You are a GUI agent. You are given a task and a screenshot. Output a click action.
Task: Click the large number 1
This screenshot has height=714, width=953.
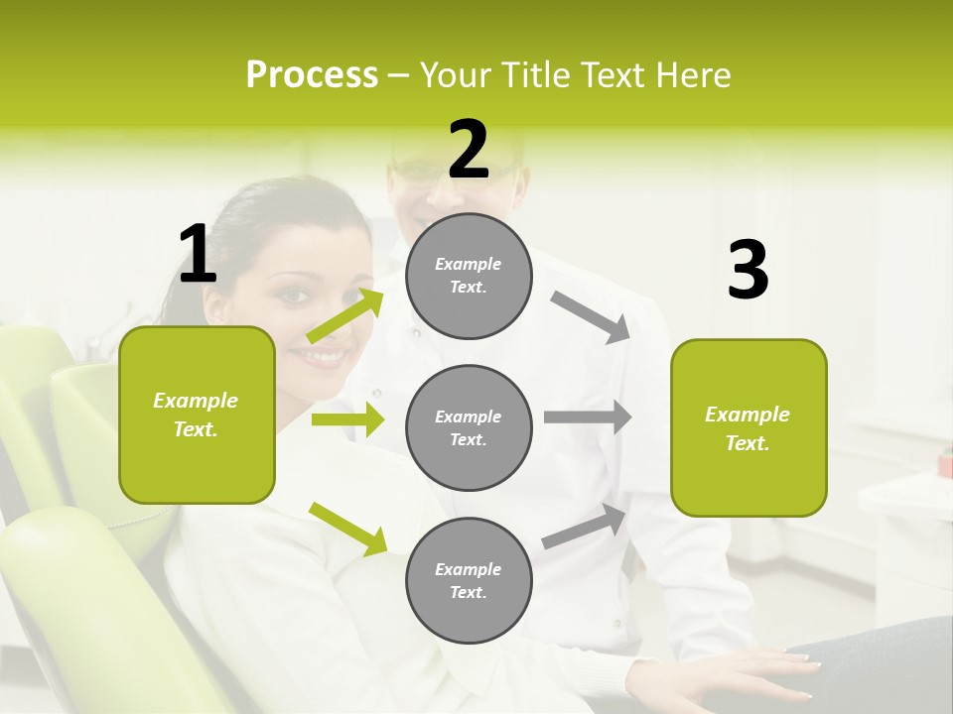pyautogui.click(x=198, y=255)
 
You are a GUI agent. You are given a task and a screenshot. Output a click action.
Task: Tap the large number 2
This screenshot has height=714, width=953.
pyautogui.click(x=469, y=150)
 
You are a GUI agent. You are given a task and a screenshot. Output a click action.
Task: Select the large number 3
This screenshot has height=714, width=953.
pyautogui.click(x=748, y=271)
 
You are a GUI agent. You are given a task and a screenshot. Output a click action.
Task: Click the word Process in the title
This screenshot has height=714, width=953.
pyautogui.click(x=312, y=74)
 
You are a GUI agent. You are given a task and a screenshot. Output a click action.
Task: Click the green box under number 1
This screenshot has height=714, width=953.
pyautogui.click(x=197, y=415)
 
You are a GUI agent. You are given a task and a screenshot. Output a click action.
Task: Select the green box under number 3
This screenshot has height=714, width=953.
pyautogui.click(x=749, y=427)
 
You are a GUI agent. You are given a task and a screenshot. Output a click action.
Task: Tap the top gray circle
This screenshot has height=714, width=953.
pyautogui.click(x=469, y=276)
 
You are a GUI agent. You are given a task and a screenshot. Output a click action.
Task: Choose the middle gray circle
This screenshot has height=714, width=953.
pyautogui.click(x=469, y=427)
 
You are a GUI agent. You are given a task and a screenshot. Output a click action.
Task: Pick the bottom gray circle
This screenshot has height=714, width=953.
pyautogui.click(x=469, y=580)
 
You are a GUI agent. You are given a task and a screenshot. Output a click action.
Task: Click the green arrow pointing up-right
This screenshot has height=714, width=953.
pyautogui.click(x=345, y=316)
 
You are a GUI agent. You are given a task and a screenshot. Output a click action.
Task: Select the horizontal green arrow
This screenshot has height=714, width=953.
pyautogui.click(x=347, y=419)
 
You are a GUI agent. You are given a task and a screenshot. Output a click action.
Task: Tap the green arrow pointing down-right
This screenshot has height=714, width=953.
pyautogui.click(x=347, y=528)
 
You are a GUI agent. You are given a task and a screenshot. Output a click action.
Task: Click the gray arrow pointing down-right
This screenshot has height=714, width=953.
pyautogui.click(x=591, y=317)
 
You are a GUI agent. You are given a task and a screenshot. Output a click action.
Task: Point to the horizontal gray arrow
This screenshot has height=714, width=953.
pyautogui.click(x=587, y=417)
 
